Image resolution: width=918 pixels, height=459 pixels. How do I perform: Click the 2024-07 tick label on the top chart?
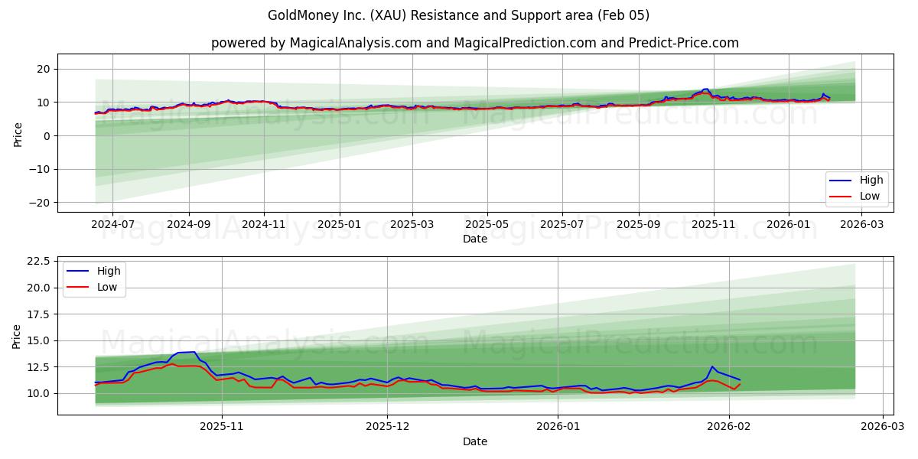(112, 224)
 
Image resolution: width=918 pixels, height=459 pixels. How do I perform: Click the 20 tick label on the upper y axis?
(44, 69)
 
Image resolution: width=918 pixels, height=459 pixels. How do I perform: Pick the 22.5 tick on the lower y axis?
(37, 261)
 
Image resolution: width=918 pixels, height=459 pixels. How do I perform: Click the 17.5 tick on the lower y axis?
(37, 314)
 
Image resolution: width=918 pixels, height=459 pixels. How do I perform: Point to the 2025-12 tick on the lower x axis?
(387, 427)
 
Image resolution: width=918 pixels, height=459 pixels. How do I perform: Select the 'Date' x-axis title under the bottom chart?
(475, 441)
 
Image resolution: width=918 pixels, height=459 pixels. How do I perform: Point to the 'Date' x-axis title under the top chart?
(475, 239)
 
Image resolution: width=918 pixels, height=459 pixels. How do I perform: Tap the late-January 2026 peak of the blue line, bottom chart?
(711, 366)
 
